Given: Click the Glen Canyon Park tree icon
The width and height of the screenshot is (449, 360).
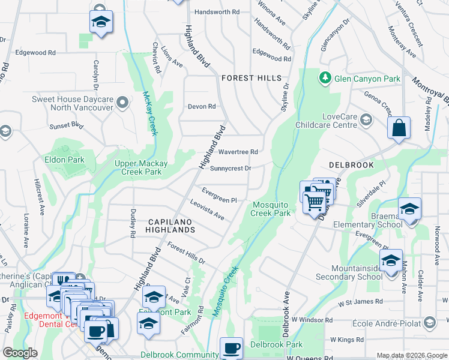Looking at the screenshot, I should (325, 78).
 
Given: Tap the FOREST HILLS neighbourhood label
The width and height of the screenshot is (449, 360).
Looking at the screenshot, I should (251, 79).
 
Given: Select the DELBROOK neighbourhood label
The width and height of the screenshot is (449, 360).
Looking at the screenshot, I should (351, 164).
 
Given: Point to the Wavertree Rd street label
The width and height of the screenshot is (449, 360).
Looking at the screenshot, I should (238, 152).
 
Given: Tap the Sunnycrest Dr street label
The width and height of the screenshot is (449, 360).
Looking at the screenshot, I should (231, 169).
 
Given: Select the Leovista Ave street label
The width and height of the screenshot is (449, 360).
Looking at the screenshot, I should (207, 210).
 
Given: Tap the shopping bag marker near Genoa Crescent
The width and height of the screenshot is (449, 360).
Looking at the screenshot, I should (399, 128).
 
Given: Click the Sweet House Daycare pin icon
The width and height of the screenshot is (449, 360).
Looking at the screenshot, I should (123, 103).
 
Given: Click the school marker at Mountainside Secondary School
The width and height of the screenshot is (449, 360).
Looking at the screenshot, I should (391, 261).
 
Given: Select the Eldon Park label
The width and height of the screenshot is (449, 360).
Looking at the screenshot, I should (64, 160).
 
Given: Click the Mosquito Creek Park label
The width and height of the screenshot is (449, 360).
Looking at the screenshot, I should (270, 209).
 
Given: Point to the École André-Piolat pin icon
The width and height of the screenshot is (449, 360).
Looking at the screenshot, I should (429, 323).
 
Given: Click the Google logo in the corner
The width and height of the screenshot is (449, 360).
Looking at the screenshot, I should (20, 353).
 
